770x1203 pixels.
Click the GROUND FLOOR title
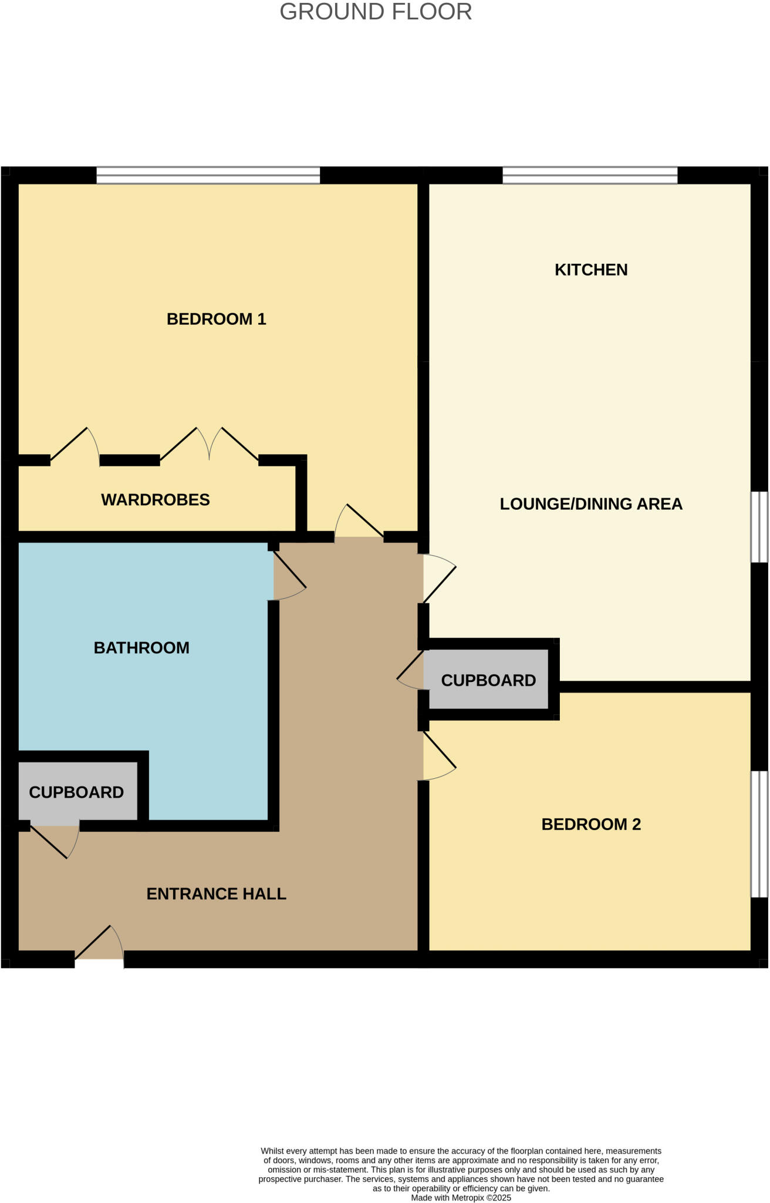pos(376,12)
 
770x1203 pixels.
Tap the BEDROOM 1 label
pos(217,319)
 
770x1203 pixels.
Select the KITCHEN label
pos(591,270)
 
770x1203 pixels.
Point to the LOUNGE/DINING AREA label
pos(591,504)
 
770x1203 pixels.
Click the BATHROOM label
pos(141,648)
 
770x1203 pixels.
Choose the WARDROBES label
pos(156,500)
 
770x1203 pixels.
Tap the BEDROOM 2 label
pos(591,824)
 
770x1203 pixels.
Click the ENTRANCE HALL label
pos(217,893)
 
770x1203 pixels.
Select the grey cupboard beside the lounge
pos(488,680)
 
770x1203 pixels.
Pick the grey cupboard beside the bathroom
pos(76,792)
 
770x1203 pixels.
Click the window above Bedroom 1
pos(208,175)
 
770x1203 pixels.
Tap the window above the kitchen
pos(590,175)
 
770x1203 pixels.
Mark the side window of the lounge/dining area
pos(759,527)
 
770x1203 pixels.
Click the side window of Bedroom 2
pos(759,834)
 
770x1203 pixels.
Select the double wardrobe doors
pos(210,445)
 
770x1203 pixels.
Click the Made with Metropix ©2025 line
pos(461,1198)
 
